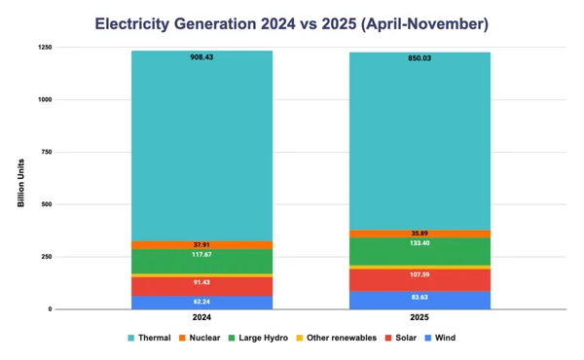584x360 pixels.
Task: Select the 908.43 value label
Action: pyautogui.click(x=202, y=57)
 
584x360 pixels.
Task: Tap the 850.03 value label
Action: pyautogui.click(x=420, y=57)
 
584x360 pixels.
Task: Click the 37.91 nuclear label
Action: pyautogui.click(x=202, y=245)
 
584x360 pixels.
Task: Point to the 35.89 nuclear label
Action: pyautogui.click(x=420, y=234)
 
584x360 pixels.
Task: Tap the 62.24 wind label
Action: pyautogui.click(x=202, y=303)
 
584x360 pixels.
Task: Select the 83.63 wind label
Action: pyautogui.click(x=420, y=298)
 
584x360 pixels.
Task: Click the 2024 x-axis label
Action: pyautogui.click(x=202, y=317)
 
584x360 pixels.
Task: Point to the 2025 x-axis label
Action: pyautogui.click(x=420, y=317)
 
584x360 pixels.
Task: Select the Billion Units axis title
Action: pyautogui.click(x=20, y=179)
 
